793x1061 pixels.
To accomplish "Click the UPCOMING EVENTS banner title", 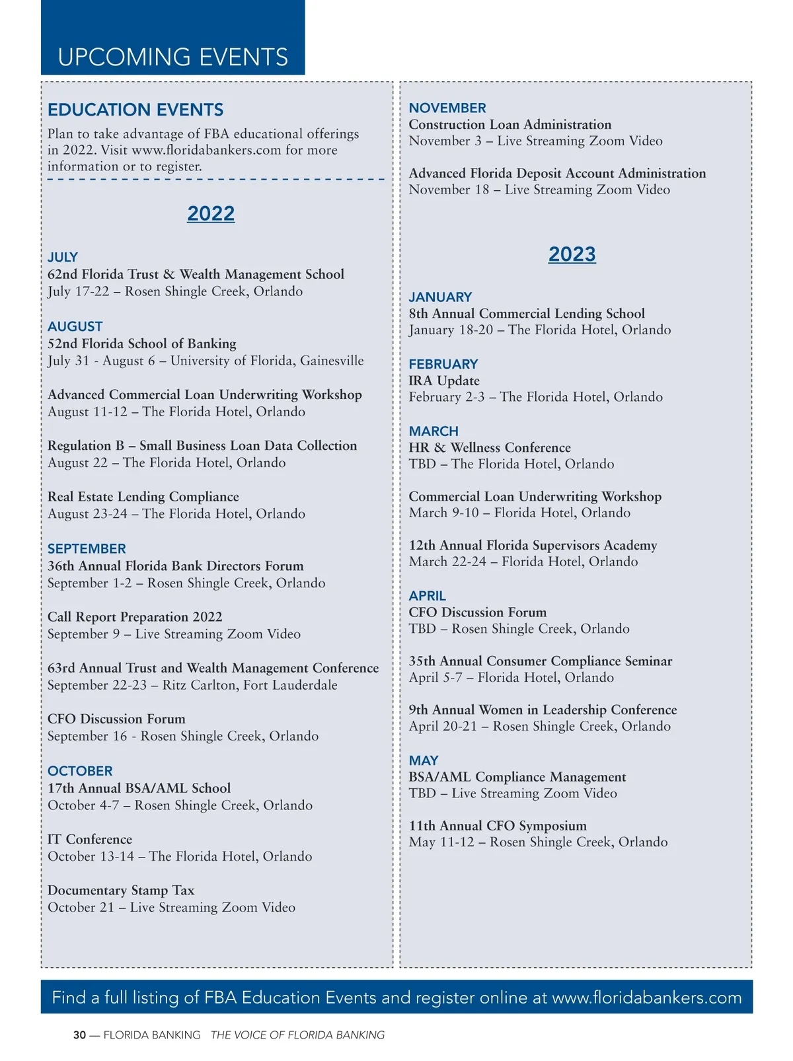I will pos(173,57).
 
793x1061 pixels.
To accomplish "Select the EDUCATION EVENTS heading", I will pos(135,110).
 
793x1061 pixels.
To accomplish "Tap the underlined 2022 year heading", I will pos(211,213).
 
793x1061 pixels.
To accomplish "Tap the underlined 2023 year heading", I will pos(572,254).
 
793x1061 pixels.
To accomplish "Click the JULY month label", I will pos(63,257).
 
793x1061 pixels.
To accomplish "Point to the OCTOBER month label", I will pos(80,771).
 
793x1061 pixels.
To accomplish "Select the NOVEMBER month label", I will pos(447,108).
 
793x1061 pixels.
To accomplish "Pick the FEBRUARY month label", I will pos(443,364).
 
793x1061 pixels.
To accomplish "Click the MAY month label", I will pos(424,760).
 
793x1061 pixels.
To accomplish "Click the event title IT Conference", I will pos(90,839).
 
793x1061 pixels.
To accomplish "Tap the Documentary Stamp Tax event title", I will pos(121,890).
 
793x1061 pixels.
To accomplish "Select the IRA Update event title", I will pos(444,381).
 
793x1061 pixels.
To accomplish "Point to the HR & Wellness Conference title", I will pos(490,447).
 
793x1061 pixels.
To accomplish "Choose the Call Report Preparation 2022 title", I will pos(135,616).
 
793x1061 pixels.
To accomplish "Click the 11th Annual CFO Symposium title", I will pos(498,825).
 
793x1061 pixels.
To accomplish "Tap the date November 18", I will pos(449,190).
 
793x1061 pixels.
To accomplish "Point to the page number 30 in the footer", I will pos(79,1035).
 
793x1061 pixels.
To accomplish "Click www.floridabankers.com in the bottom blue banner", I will pos(647,998).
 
